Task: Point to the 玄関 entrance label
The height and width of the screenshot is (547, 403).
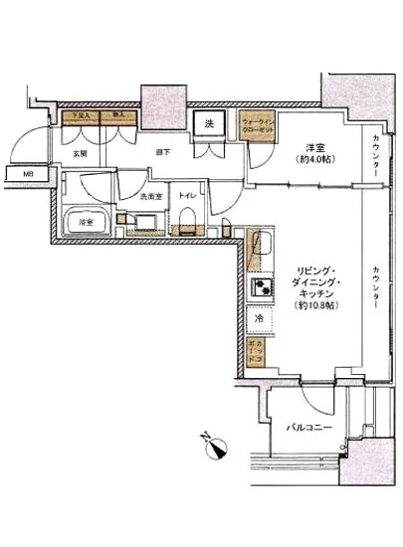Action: [x=82, y=153]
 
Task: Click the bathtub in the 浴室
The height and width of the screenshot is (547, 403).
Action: [x=85, y=222]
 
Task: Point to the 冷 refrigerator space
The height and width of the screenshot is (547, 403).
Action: [x=258, y=319]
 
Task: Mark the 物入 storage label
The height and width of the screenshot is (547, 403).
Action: [x=118, y=115]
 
